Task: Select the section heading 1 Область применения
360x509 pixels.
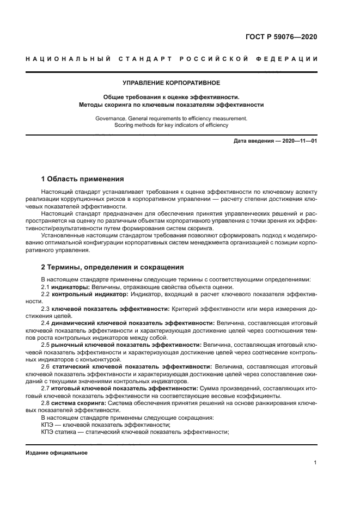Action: coord(83,179)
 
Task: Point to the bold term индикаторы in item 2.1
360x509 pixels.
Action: coord(70,287)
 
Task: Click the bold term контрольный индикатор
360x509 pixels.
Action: coord(89,294)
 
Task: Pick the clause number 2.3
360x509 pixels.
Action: coord(45,309)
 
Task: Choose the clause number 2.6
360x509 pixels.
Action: coord(45,367)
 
